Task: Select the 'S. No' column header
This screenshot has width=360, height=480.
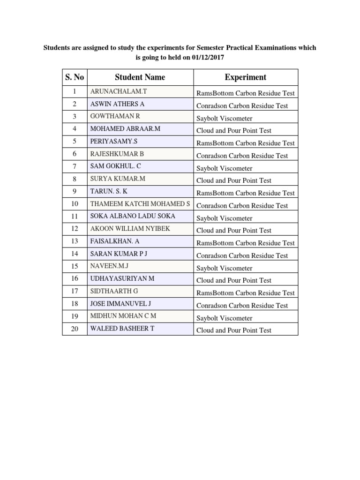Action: [x=75, y=77]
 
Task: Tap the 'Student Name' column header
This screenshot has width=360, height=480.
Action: [x=140, y=77]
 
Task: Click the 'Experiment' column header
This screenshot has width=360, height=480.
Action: [x=245, y=77]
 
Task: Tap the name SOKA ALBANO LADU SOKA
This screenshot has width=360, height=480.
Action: [x=133, y=216]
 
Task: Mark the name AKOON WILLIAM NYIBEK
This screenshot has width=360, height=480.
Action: [x=130, y=228]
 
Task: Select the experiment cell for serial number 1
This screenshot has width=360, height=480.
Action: [x=246, y=93]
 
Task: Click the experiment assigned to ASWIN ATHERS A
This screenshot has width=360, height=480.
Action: [x=242, y=106]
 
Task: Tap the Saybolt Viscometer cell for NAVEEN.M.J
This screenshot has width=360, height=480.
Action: [x=224, y=268]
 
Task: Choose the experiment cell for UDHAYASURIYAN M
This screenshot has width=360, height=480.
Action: [x=233, y=280]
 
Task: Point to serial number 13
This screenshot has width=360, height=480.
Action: [x=75, y=241]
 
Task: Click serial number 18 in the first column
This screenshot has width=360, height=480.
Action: [x=75, y=304]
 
